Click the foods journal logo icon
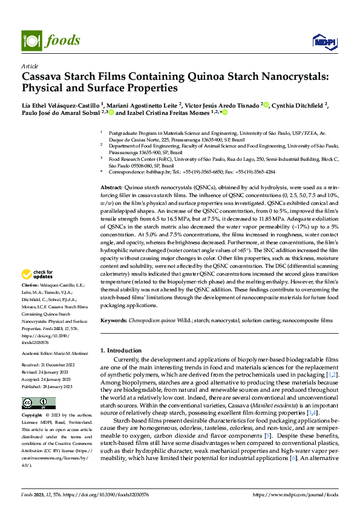(31, 40)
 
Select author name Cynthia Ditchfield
(298, 104)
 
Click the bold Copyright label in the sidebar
(32, 416)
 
